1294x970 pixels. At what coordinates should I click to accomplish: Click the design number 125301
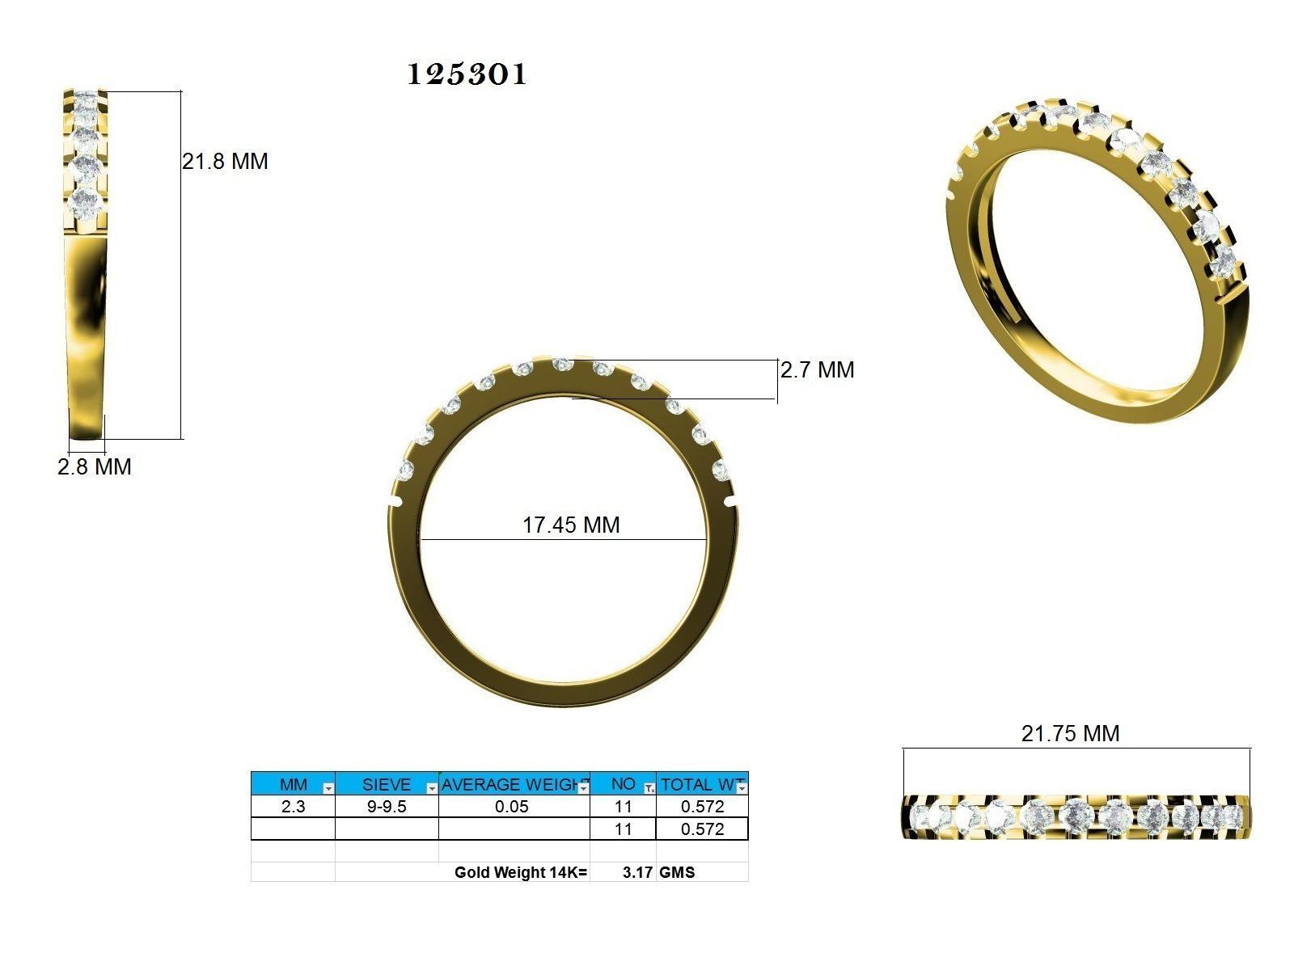pos(467,74)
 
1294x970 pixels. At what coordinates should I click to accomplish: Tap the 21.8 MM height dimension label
pos(225,162)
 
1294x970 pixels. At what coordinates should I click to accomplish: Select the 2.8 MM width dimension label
pos(94,467)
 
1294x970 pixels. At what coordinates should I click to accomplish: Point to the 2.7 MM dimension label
pos(817,370)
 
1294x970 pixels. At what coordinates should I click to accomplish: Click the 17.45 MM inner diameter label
pos(571,525)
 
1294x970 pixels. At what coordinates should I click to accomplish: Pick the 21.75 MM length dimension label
pos(1070,734)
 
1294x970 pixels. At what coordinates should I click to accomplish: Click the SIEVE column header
pos(386,785)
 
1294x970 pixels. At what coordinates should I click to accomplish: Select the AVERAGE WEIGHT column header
pos(512,785)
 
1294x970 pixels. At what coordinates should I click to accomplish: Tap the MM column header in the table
pos(293,785)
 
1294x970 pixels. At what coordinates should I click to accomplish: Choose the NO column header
pos(622,784)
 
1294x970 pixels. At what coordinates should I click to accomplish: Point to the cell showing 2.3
pos(293,807)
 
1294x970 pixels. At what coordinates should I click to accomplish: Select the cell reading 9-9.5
pos(386,807)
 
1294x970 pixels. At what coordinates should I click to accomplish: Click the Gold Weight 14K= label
pos(521,873)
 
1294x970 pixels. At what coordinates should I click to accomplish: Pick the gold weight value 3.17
pos(637,873)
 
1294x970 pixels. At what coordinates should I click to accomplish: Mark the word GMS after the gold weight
pos(677,873)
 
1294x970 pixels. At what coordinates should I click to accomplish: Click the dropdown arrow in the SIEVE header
pos(432,788)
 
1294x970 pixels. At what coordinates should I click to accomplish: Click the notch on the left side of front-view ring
pos(395,502)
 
